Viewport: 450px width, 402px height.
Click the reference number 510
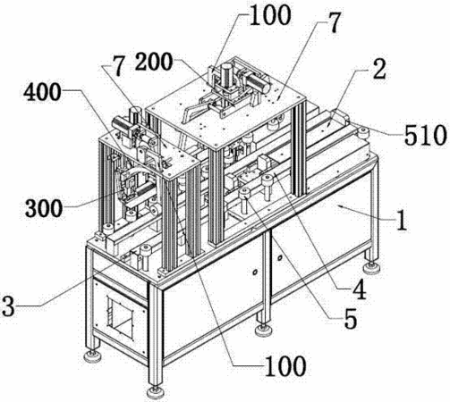(425, 136)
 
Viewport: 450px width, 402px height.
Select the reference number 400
(43, 92)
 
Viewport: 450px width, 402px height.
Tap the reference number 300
(44, 208)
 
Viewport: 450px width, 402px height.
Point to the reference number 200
(154, 62)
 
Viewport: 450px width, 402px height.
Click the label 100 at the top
(270, 15)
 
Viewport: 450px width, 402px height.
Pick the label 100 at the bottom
(285, 365)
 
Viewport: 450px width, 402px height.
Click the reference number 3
(8, 306)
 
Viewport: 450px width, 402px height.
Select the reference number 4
(359, 289)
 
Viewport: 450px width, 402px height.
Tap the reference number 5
(351, 319)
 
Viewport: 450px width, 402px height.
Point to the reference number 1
(403, 220)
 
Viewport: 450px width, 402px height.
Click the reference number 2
(379, 69)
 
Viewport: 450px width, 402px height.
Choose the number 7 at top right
(334, 23)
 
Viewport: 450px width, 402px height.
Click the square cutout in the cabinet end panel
(119, 317)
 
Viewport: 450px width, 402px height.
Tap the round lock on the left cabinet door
(254, 272)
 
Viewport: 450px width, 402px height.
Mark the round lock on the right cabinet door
(280, 257)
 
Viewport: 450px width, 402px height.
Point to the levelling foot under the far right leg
(371, 266)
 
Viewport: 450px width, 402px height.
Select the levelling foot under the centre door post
(265, 330)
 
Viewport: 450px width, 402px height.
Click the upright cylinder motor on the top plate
(228, 74)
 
